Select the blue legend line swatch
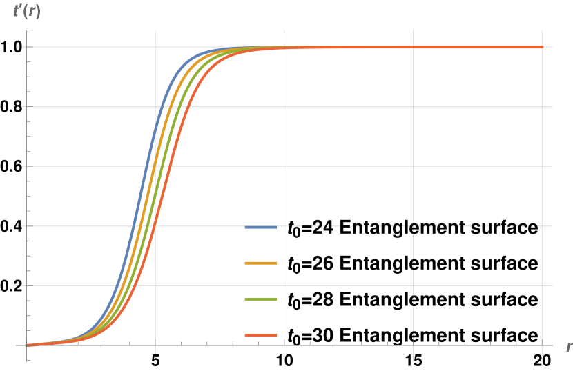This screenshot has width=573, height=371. [260, 227]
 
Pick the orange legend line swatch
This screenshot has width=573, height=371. [260, 263]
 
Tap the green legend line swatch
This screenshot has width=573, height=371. [260, 299]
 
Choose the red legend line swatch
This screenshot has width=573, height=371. [260, 335]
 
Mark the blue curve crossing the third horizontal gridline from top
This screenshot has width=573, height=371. [144, 166]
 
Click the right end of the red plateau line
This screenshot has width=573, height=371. [542, 47]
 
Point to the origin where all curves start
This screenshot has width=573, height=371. [27, 345]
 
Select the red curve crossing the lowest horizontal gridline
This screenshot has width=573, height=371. [138, 285]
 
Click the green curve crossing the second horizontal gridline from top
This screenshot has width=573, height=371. [176, 107]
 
